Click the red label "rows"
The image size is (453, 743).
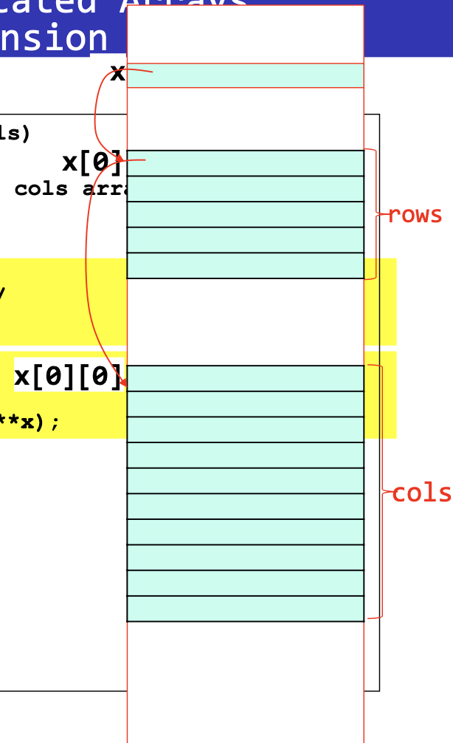415,215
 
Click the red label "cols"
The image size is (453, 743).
421,493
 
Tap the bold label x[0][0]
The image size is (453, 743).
68,376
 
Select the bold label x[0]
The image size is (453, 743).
92,162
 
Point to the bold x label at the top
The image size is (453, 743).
117,73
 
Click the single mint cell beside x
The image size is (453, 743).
245,75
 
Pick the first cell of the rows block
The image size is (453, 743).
245,163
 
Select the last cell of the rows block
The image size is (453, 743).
245,266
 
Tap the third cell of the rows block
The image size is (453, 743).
245,214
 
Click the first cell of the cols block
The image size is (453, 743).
245,378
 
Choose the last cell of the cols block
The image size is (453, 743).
245,609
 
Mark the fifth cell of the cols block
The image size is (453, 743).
245,481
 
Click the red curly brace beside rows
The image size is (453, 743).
376,214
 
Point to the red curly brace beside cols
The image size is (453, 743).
381,491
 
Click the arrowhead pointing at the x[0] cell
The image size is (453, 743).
119,157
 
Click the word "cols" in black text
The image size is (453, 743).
41,189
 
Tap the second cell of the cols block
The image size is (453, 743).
245,404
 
